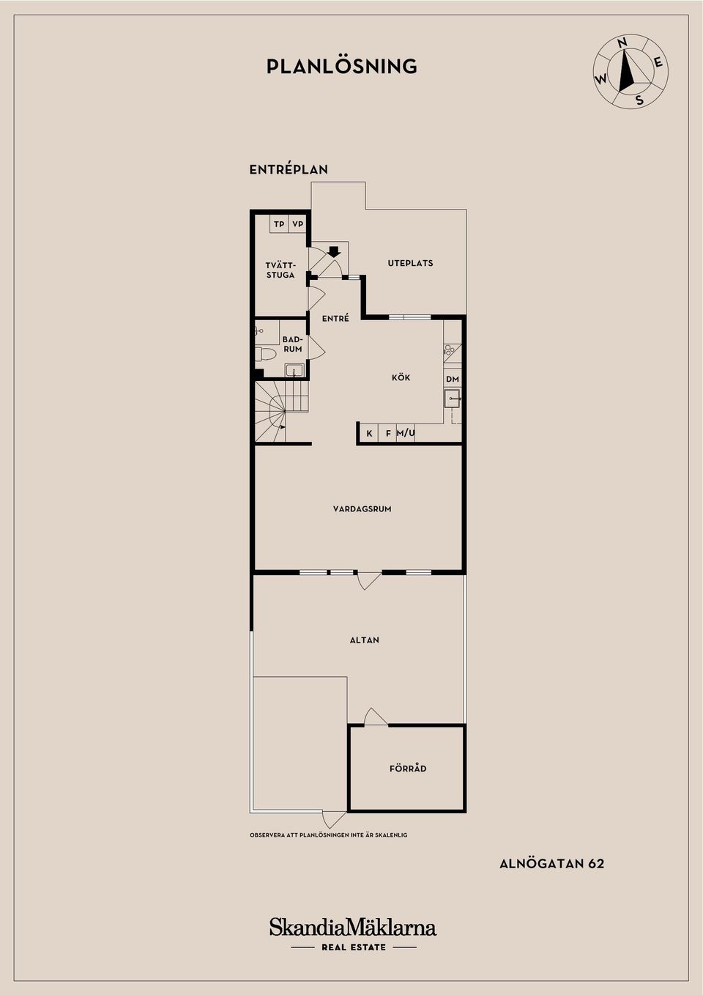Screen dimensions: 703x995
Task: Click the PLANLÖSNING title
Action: (342, 66)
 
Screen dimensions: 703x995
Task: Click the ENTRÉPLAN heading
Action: (289, 170)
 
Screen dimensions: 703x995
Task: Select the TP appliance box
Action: (279, 224)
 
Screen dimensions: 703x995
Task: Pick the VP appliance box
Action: (298, 224)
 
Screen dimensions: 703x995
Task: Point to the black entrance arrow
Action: (334, 252)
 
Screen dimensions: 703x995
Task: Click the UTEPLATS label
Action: (410, 263)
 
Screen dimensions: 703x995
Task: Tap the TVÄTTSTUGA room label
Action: (280, 270)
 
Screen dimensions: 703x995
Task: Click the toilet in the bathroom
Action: (265, 354)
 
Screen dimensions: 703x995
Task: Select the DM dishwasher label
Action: (453, 379)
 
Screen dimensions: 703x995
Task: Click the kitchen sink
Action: (453, 399)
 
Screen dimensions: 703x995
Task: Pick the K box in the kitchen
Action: (369, 433)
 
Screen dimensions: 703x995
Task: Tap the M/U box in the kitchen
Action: (406, 433)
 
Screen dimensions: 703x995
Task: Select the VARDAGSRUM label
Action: (362, 509)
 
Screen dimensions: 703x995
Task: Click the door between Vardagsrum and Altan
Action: (369, 580)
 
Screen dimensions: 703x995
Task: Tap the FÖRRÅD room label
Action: (408, 768)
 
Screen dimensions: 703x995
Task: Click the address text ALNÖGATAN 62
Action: (551, 864)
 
